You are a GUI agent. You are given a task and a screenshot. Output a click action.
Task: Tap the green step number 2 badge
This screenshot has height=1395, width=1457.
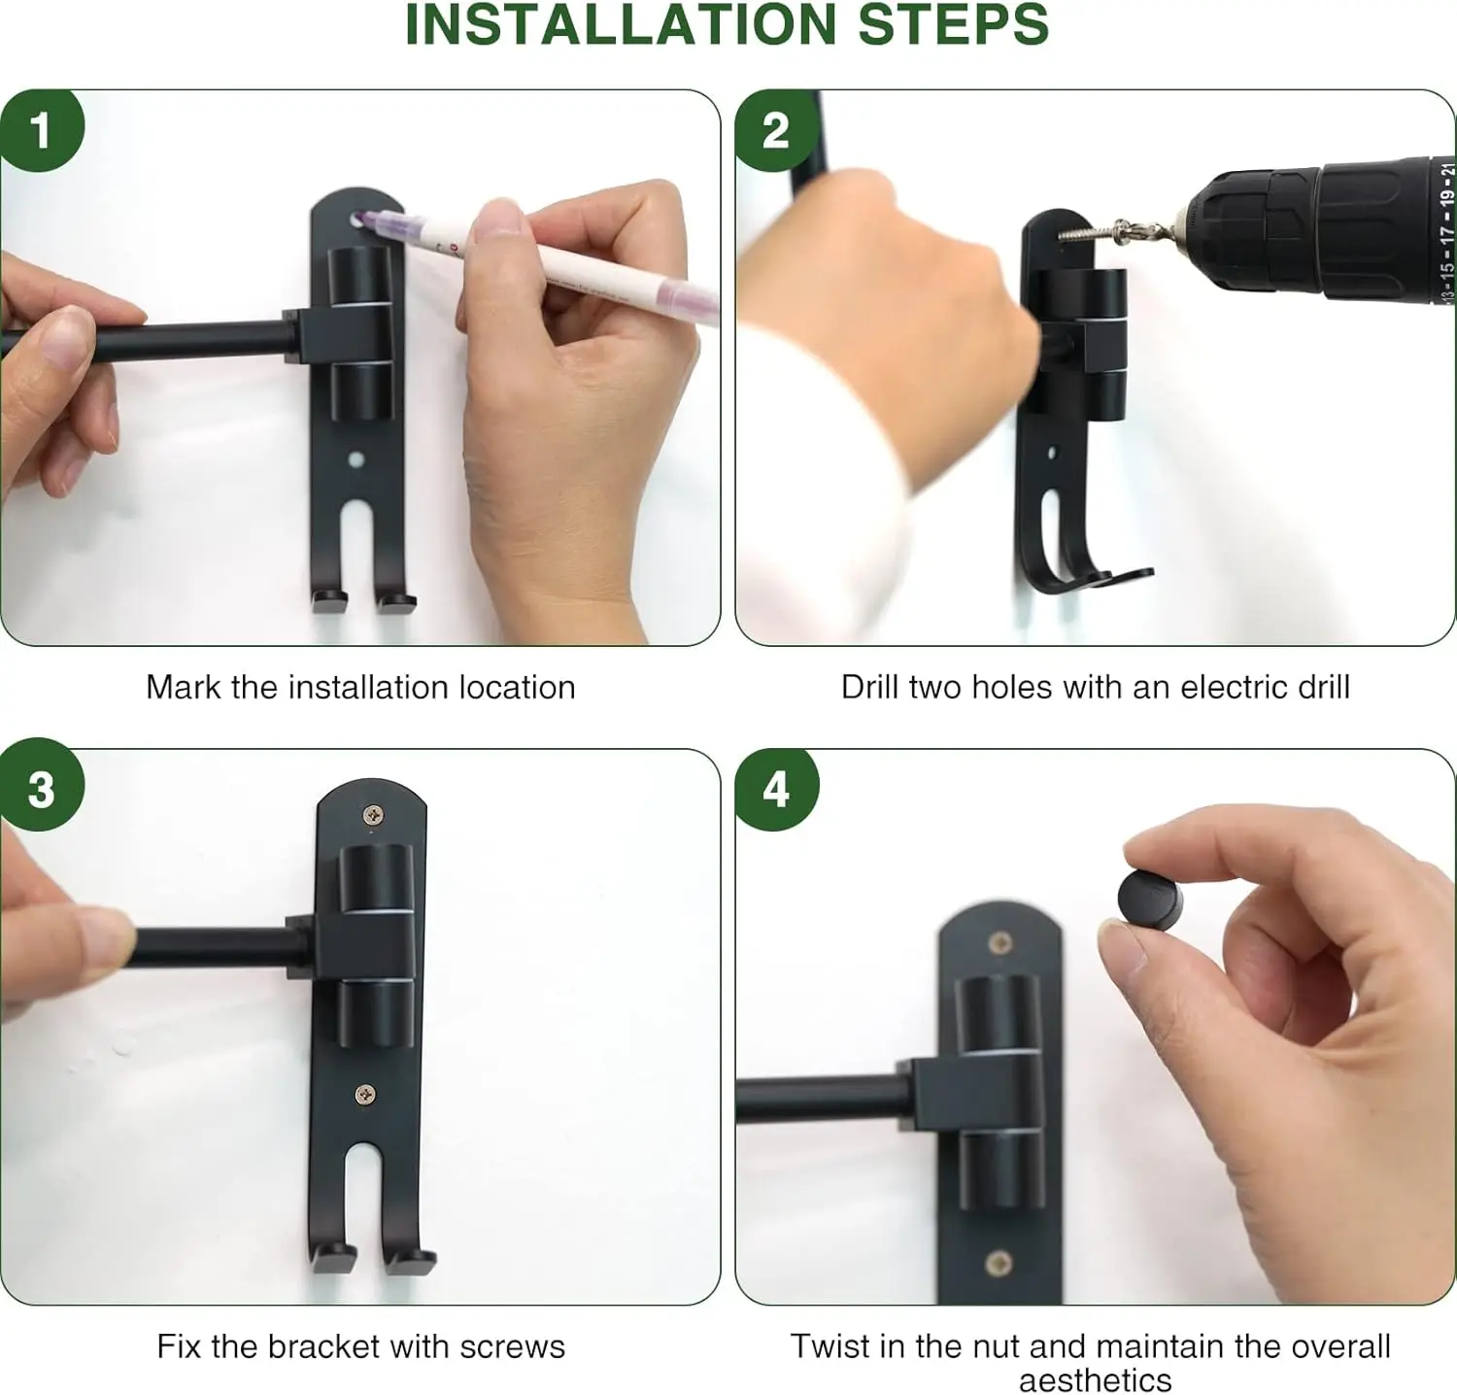pyautogui.click(x=774, y=130)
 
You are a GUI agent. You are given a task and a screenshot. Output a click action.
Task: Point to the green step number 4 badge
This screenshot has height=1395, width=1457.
pyautogui.click(x=774, y=789)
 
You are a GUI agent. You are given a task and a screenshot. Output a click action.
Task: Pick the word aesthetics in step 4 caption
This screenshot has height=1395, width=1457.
pyautogui.click(x=1096, y=1379)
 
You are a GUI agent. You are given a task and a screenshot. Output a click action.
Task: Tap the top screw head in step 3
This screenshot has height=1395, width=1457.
pyautogui.click(x=372, y=816)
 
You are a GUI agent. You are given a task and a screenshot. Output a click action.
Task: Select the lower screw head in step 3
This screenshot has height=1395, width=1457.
pyautogui.click(x=365, y=1095)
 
